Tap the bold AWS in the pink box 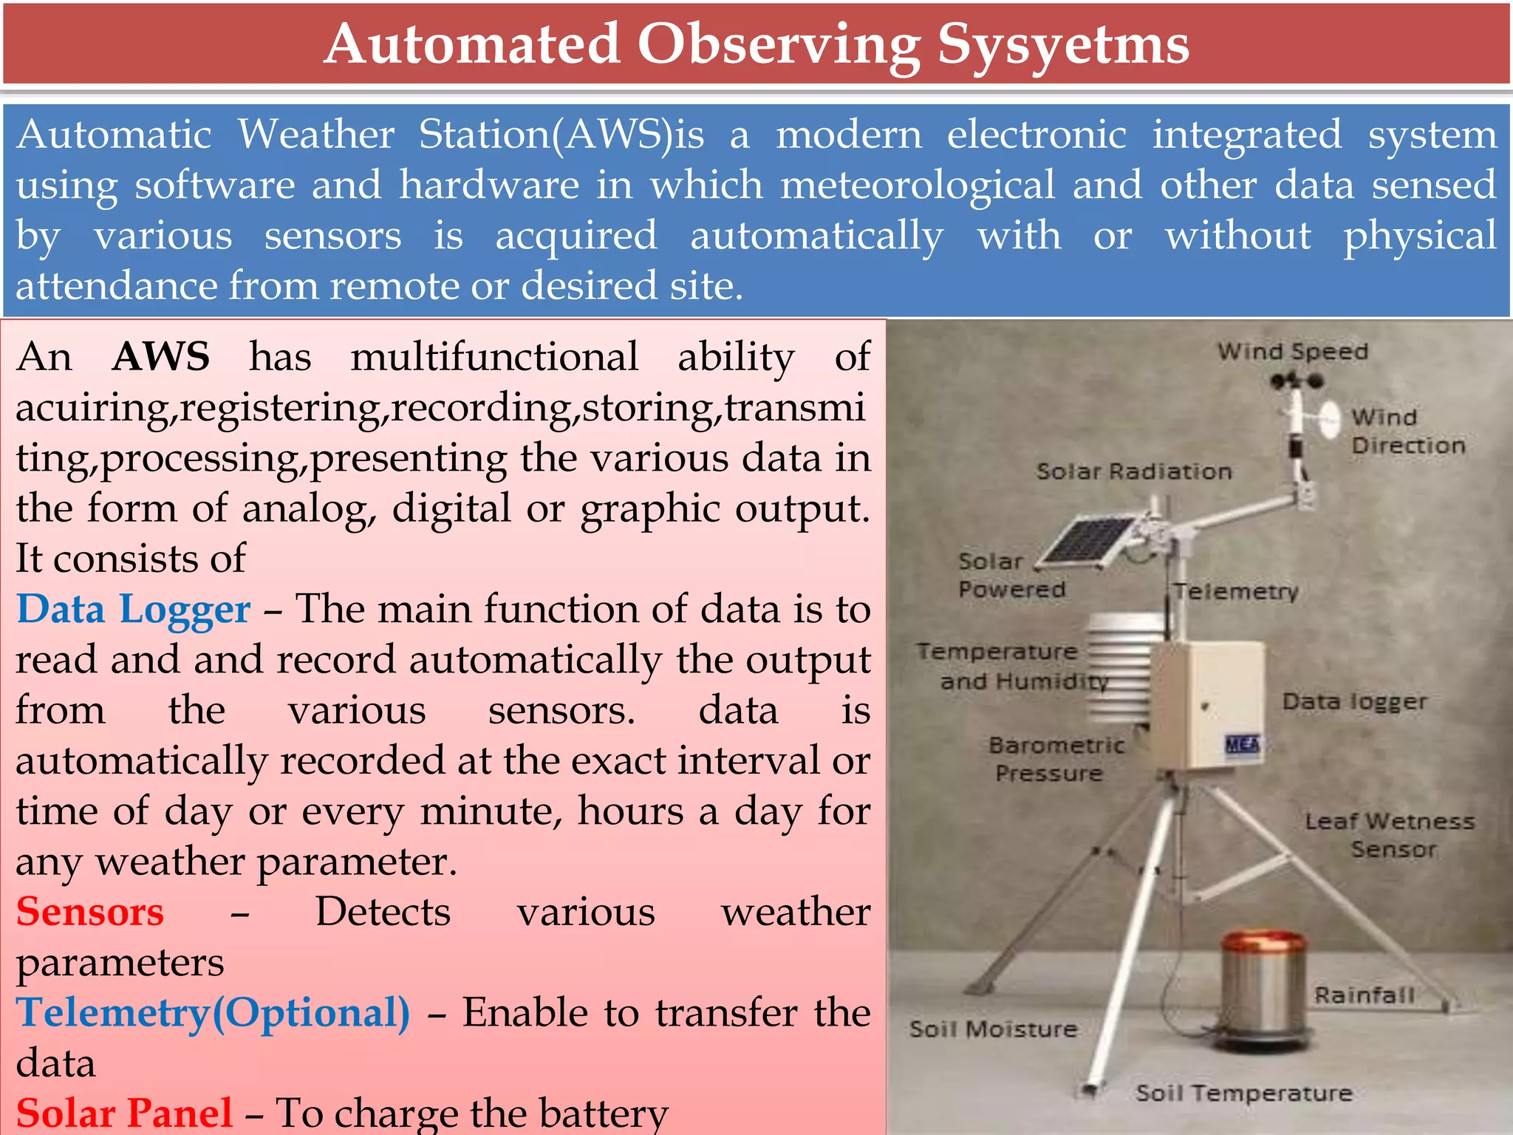point(161,357)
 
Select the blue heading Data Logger point(133,610)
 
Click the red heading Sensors point(89,912)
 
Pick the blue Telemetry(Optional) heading point(213,1013)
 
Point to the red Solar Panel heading point(124,1113)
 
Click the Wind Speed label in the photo point(1293,351)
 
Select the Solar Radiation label point(1133,471)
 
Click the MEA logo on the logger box point(1242,744)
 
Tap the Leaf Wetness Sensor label point(1390,835)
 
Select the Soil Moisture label point(993,1029)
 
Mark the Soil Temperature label point(1244,1093)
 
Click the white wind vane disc point(1329,417)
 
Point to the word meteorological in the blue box point(918,185)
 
